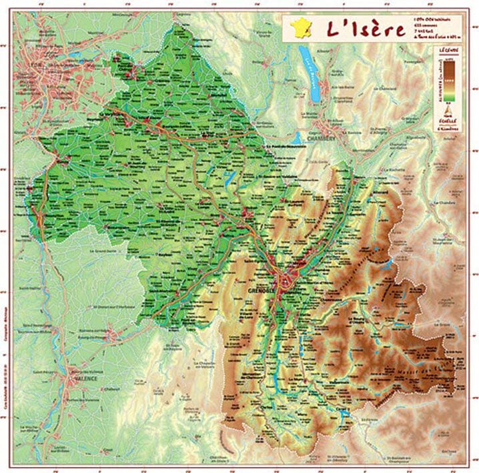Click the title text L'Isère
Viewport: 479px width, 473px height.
pyautogui.click(x=365, y=30)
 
